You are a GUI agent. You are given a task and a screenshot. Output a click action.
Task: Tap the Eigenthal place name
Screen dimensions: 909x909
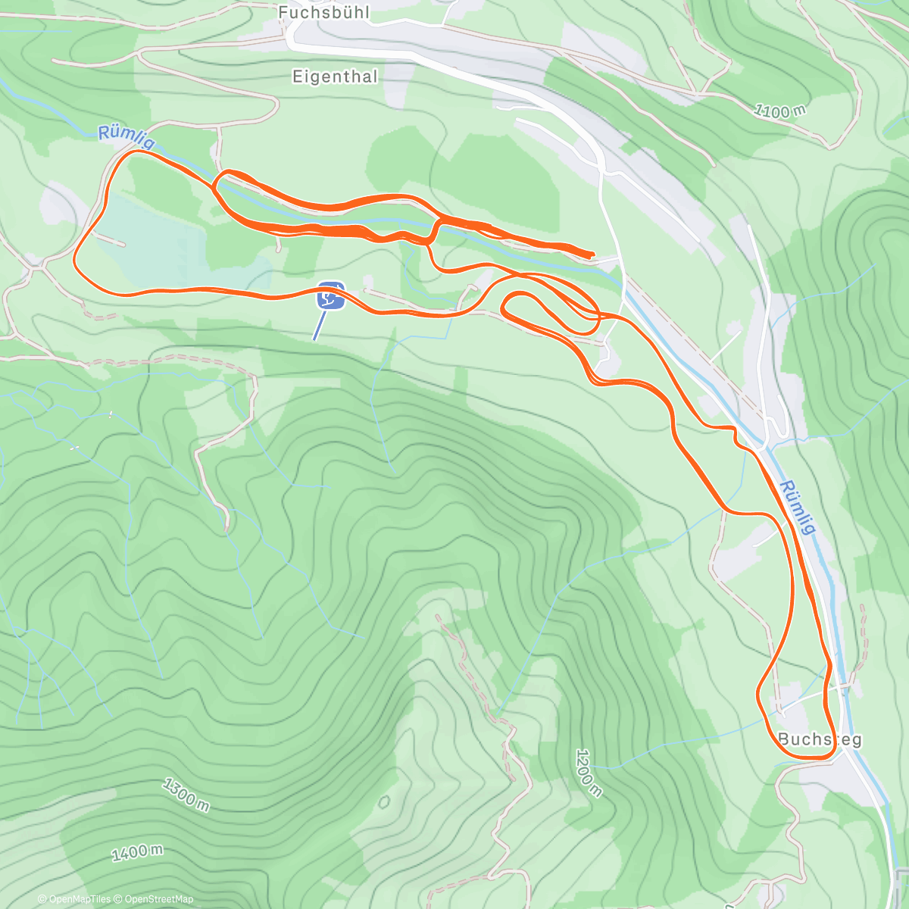(334, 76)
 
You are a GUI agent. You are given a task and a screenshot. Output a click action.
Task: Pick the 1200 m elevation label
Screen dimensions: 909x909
(589, 773)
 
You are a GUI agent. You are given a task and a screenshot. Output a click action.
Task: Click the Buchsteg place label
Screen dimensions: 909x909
(820, 739)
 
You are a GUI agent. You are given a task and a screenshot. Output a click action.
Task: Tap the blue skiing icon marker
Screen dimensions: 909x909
(331, 295)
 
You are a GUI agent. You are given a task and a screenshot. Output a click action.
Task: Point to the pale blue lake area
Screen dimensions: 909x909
(151, 242)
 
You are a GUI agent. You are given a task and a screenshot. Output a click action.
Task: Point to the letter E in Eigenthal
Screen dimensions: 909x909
(297, 76)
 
